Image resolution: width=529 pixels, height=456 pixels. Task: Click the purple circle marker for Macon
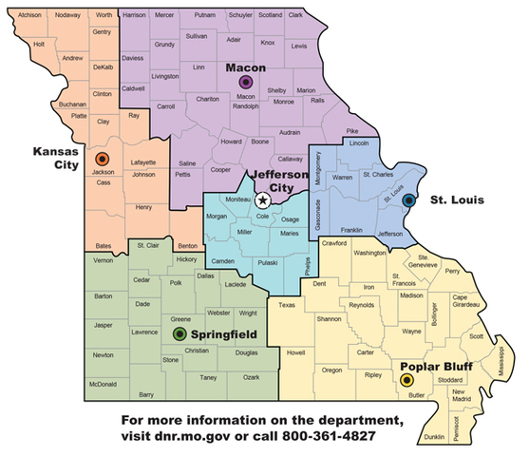245,83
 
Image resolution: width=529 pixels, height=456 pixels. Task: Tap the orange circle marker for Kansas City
103,159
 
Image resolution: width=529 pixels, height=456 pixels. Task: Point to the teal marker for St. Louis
409,200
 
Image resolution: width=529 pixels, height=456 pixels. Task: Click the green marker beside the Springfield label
179,333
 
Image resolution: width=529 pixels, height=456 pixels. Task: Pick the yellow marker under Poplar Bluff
407,379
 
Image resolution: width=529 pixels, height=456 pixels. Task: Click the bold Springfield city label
224,334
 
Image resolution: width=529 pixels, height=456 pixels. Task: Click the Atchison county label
29,15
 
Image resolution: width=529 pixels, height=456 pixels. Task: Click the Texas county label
287,305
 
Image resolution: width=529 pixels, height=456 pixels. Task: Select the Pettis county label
182,175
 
